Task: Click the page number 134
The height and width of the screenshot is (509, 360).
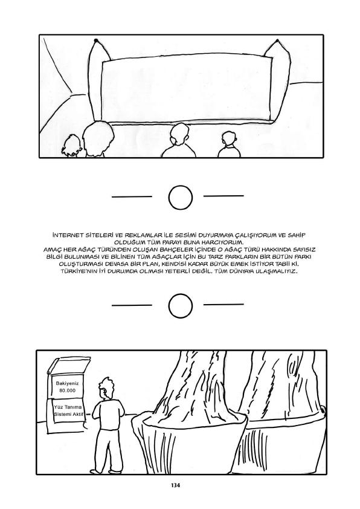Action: (x=175, y=485)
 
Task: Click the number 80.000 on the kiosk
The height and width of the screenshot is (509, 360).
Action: (x=67, y=390)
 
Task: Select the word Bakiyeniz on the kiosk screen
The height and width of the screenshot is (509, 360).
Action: (x=67, y=383)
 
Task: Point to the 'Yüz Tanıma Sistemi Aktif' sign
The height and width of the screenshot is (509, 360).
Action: (x=68, y=411)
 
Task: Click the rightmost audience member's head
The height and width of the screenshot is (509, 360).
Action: (x=230, y=138)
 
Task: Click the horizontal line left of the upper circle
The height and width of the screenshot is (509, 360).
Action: (x=132, y=196)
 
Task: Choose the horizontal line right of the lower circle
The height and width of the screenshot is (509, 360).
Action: (x=223, y=304)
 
